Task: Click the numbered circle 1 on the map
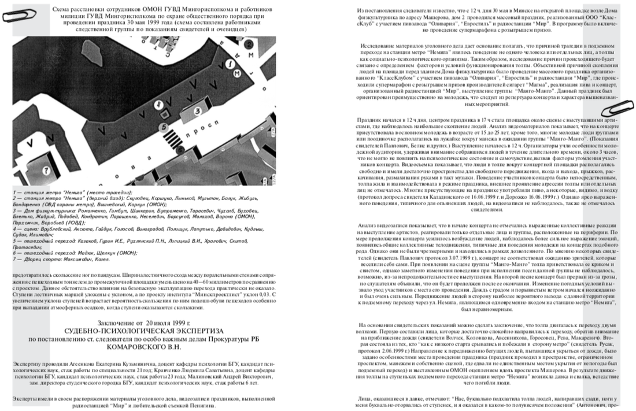point(229,64)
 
